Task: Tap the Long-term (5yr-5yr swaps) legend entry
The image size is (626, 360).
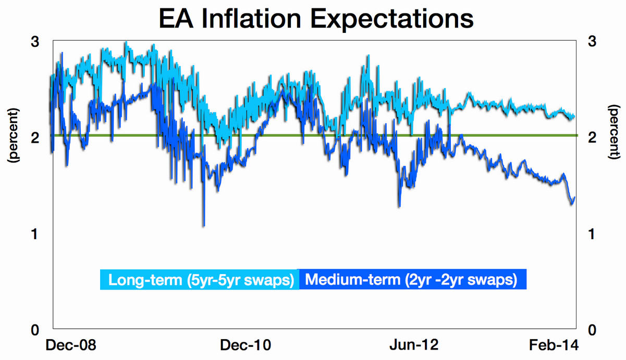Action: click(x=200, y=280)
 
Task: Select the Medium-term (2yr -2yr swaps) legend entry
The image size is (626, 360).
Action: click(x=411, y=280)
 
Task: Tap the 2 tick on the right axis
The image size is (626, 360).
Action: click(x=592, y=138)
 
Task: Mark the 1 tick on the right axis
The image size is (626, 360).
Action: click(x=592, y=234)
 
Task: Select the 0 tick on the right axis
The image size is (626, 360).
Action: click(x=592, y=330)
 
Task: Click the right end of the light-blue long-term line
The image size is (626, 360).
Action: click(x=574, y=116)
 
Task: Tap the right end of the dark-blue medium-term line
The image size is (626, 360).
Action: click(x=574, y=197)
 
